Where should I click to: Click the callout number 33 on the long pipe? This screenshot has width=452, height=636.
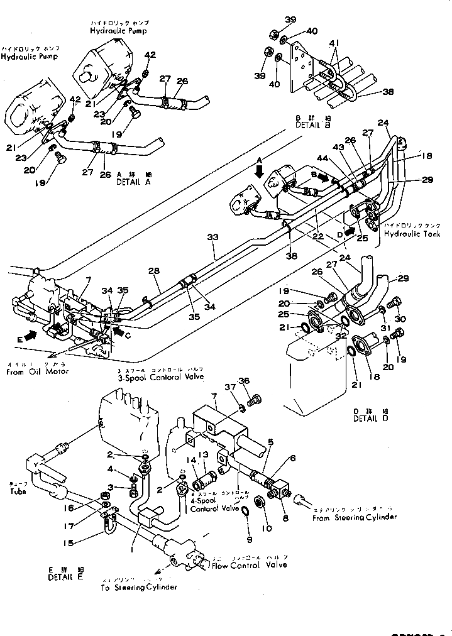click(x=213, y=238)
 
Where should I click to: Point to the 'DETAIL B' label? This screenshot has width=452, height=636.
click(x=312, y=125)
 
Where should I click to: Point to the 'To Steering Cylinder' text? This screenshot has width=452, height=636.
click(x=138, y=587)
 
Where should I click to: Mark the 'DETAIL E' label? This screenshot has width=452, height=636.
click(x=66, y=574)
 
